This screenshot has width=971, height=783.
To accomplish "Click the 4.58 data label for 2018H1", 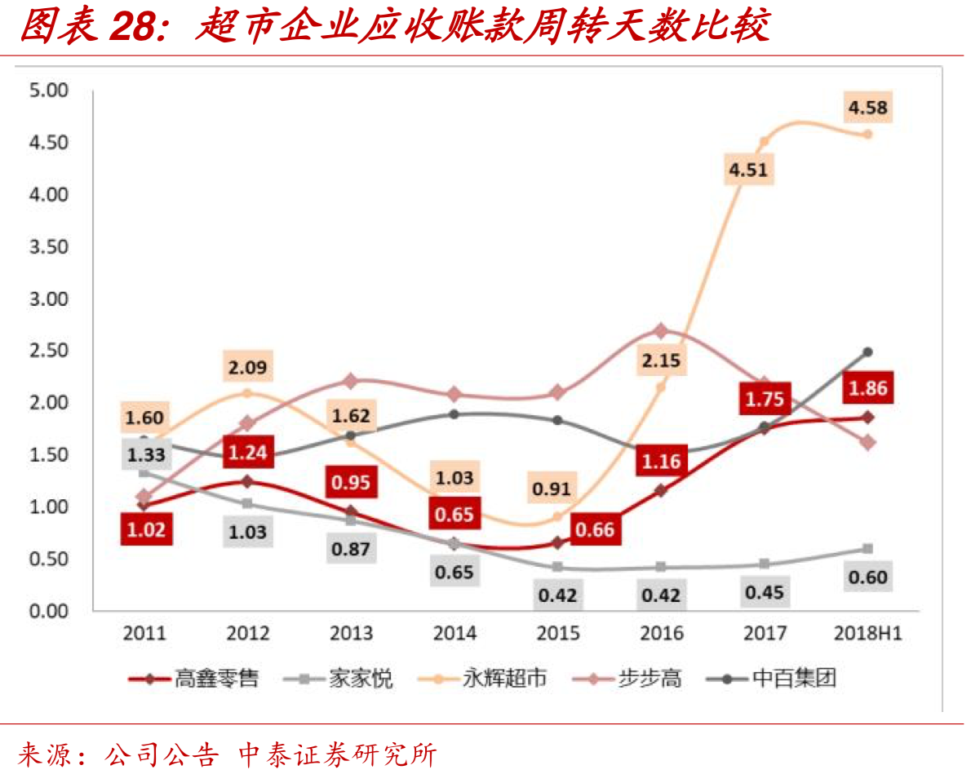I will tap(867, 107).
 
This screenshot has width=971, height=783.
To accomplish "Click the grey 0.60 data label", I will tap(867, 577).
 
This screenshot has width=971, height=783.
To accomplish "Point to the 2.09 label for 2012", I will tap(247, 367).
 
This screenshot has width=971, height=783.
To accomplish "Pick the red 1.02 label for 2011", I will tap(144, 530).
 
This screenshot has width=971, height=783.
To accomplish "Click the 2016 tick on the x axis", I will tap(662, 633).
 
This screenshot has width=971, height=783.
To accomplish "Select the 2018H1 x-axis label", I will tap(867, 633).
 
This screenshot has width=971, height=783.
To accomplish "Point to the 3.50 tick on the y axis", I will tap(50, 246).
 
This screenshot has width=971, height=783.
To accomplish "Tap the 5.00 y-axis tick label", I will tap(50, 90).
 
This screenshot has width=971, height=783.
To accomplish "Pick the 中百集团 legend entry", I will tap(772, 678).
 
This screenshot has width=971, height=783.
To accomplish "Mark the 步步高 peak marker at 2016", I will tap(662, 330).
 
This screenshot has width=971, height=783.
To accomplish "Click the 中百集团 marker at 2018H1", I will tap(868, 352).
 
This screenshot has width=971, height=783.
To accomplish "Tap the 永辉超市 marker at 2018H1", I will tap(868, 135).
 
